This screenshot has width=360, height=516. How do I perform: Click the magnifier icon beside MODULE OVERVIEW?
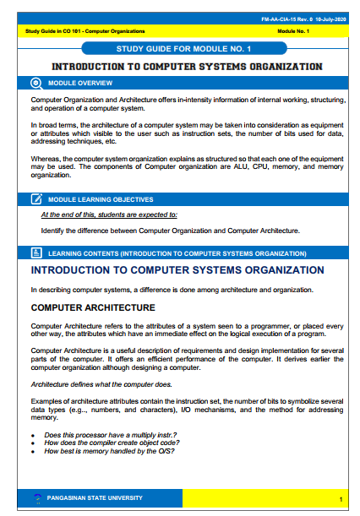pos(36,83)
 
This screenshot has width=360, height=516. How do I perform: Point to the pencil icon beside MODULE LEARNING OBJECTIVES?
pos(36,199)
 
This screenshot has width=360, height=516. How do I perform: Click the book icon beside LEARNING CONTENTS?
pos(36,253)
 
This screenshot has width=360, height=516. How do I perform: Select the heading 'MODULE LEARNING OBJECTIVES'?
pos(101,199)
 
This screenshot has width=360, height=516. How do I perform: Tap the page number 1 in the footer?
pos(339,498)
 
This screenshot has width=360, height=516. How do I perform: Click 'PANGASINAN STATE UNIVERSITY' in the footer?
pos(94,497)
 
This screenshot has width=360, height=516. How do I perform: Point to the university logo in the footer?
pos(36,498)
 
